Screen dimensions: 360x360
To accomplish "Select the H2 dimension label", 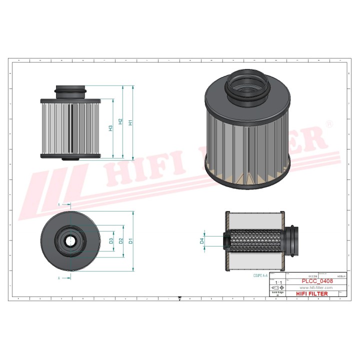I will (120, 122).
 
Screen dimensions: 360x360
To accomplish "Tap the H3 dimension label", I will (110, 128).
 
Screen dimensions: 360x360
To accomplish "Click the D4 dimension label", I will (202, 240).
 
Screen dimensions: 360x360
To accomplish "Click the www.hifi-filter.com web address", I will (316, 288).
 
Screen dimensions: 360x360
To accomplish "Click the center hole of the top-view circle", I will (68, 240).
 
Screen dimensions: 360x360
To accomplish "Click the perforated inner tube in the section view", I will (255, 240).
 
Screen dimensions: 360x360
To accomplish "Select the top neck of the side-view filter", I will (70, 91).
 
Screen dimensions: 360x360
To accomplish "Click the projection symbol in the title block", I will (277, 288).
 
